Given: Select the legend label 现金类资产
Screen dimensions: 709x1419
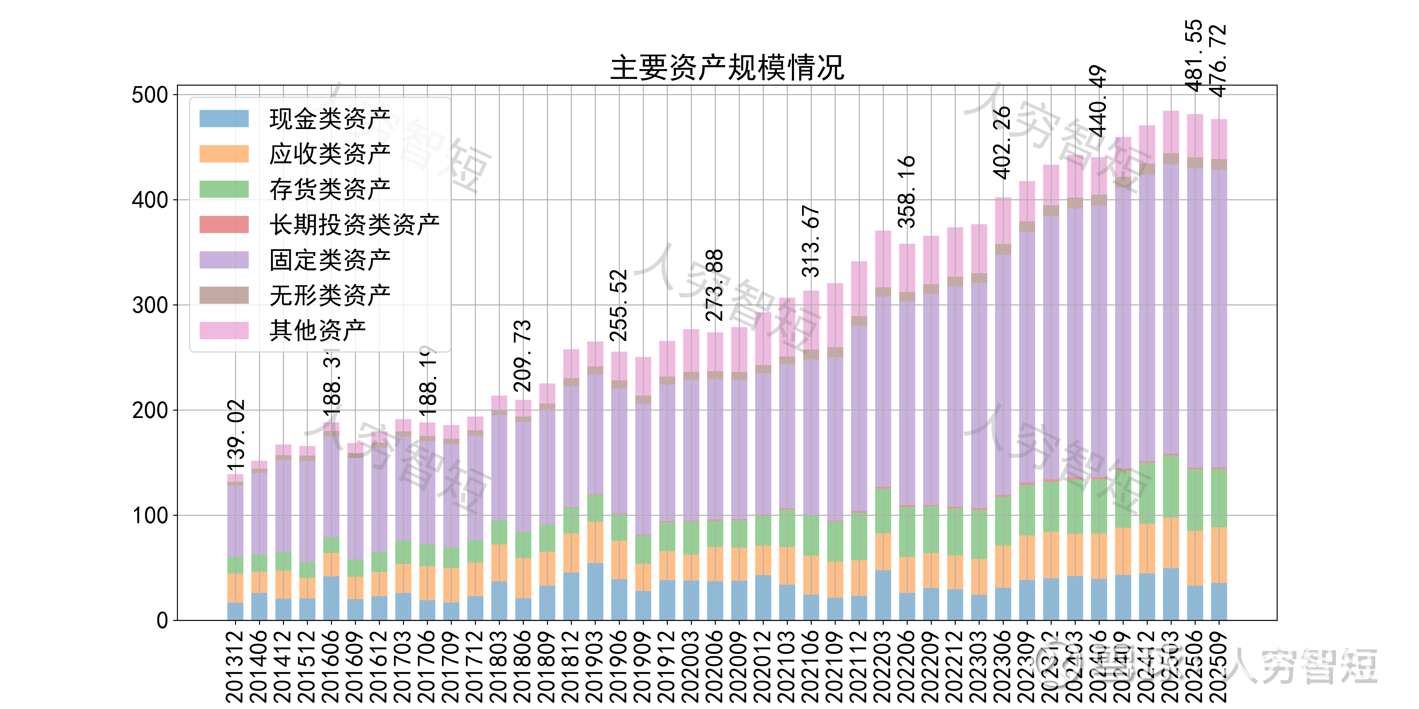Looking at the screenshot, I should [329, 119].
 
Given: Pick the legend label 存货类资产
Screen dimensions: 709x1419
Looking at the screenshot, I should [329, 189].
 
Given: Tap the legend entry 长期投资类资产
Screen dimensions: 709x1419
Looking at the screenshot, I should [354, 225].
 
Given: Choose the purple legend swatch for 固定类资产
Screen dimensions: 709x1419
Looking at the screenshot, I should [224, 260].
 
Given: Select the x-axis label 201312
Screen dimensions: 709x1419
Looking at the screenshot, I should [235, 666].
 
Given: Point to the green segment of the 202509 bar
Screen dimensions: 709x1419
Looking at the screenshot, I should [1219, 498].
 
